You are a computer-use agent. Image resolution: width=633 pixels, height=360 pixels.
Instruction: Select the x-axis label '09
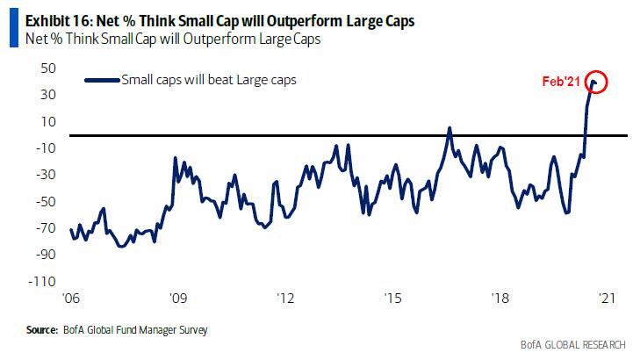[x=178, y=298]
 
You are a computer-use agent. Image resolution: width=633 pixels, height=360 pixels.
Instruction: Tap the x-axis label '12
[x=285, y=298]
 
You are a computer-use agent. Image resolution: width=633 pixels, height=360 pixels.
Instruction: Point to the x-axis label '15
[x=393, y=298]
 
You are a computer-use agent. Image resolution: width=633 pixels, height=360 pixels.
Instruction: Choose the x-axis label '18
[x=500, y=298]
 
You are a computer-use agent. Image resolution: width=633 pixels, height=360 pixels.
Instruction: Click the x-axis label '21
[x=607, y=298]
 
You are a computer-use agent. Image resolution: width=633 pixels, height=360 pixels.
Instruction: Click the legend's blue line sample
[x=106, y=80]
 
